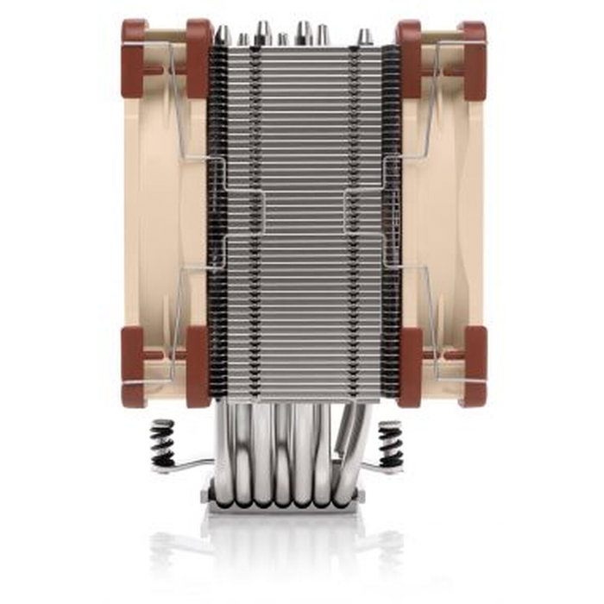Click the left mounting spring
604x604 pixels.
point(164,440)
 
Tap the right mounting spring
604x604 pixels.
point(390,440)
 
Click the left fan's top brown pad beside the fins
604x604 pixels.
point(198,56)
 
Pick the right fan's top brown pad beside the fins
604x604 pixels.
point(408,56)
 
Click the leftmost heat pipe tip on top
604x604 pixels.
point(223,35)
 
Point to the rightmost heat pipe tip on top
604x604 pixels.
point(365,36)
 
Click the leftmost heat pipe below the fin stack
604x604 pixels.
point(222,449)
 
